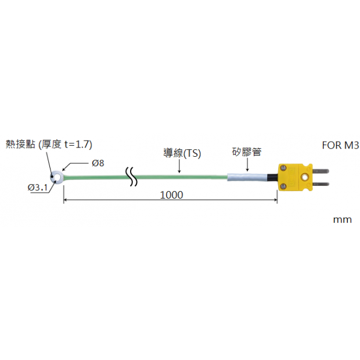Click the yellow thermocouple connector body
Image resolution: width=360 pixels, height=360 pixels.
pos(293,177)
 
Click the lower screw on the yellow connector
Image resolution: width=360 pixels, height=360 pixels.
pos(284,186)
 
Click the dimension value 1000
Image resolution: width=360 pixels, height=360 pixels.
pos(171,195)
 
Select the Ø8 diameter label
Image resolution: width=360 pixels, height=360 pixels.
pos(98,163)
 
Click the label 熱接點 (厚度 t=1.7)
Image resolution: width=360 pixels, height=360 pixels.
pos(49,144)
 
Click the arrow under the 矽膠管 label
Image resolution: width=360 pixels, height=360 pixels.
pos(246,167)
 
